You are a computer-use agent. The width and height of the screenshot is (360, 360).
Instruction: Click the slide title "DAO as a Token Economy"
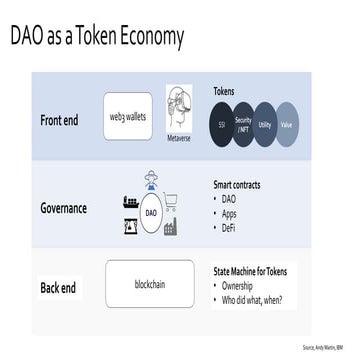pos(97,38)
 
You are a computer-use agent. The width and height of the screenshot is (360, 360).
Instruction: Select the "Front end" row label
pos(66,121)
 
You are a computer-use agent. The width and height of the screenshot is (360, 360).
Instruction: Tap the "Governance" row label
pos(63,209)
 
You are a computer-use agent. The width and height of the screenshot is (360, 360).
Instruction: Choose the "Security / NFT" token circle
pos(242,128)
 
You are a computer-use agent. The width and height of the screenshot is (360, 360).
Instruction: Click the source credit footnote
pos(320,347)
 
